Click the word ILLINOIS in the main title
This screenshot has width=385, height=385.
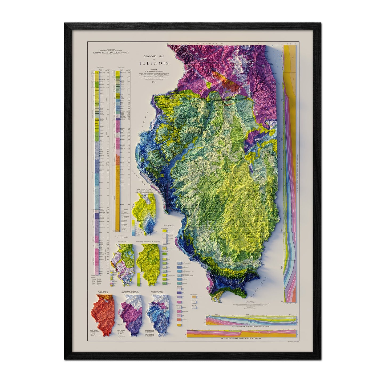pos(153,63)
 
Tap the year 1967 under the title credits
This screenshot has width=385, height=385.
pos(153,82)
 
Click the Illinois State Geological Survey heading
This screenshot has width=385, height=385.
pos(111,53)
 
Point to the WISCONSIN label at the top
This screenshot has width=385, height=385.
pos(209,43)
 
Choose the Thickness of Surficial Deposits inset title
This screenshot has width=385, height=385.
pos(148,242)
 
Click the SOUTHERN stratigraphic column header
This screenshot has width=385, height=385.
pos(101,68)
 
